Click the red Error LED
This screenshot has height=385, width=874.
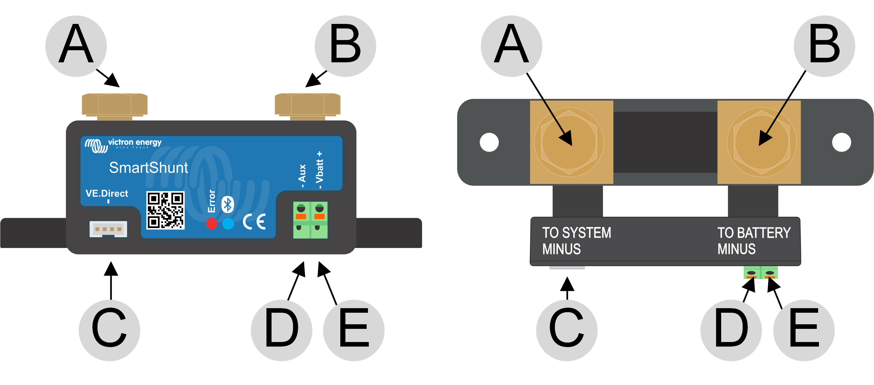(212, 224)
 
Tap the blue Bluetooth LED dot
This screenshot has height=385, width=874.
(228, 224)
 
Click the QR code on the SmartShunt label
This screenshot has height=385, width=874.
(165, 210)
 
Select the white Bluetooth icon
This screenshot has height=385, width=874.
(228, 205)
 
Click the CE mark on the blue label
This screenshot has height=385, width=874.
(254, 222)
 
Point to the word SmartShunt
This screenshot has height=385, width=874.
(148, 168)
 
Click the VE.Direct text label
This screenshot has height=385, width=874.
(107, 193)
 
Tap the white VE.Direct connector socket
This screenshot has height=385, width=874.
(108, 229)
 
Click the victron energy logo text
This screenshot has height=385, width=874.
(134, 142)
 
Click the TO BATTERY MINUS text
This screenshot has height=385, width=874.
(754, 241)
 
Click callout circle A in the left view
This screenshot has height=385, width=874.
(76, 46)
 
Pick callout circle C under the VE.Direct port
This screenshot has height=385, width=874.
(109, 330)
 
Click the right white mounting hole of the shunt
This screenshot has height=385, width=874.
(842, 142)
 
